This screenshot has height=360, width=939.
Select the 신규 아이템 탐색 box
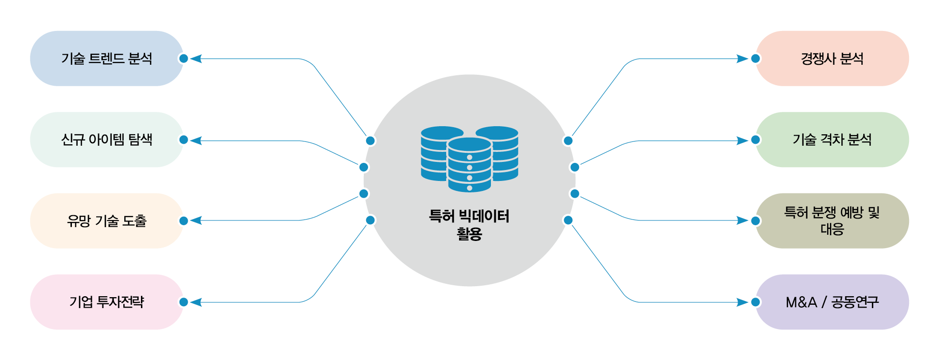click(x=107, y=140)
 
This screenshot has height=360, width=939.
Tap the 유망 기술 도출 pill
click(x=107, y=220)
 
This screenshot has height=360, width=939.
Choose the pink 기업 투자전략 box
click(x=107, y=302)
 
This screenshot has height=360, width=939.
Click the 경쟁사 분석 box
click(x=832, y=59)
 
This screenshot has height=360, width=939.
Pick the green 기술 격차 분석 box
click(x=832, y=140)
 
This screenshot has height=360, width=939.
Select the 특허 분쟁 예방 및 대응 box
click(x=832, y=220)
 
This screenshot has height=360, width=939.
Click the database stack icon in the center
click(x=469, y=159)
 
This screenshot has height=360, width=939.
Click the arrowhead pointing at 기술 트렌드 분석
click(x=196, y=59)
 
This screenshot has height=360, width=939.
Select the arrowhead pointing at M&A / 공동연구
click(x=742, y=302)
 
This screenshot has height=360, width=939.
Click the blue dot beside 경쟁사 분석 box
click(x=756, y=59)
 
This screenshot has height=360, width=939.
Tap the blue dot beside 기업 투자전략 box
click(x=183, y=302)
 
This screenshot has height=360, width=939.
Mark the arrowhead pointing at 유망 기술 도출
click(x=196, y=220)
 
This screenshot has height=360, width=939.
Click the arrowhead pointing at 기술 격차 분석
click(x=742, y=140)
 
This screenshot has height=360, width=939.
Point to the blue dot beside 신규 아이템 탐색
click(x=183, y=140)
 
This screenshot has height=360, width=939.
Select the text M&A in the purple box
click(x=801, y=302)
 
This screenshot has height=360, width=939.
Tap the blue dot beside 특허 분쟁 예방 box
click(x=756, y=220)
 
